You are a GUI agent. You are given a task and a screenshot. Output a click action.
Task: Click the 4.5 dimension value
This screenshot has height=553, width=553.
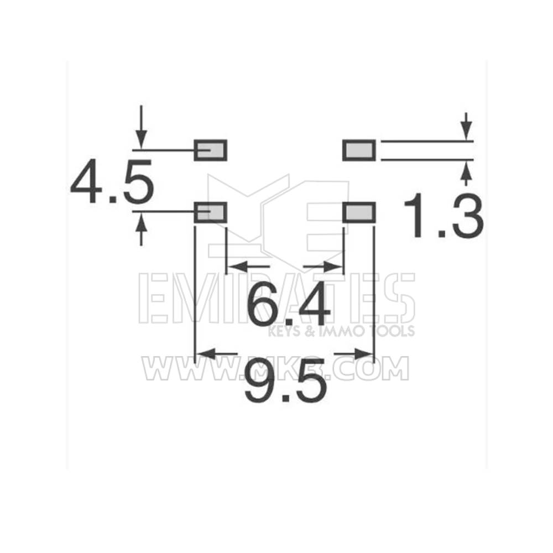pos(112,181)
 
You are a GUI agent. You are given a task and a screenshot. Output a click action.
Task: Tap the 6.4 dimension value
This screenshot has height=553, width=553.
pos(288,306)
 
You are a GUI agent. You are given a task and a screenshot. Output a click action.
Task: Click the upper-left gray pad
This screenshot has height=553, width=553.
pos(211,150)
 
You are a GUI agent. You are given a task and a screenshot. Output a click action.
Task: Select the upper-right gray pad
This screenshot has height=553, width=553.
pos(359,150)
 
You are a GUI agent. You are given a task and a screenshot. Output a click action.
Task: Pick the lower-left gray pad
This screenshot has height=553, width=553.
pos(211,212)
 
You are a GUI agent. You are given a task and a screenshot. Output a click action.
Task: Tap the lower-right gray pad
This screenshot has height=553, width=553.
pos(359,212)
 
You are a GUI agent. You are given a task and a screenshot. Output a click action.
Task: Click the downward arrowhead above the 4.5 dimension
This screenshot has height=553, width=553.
pos(142,140)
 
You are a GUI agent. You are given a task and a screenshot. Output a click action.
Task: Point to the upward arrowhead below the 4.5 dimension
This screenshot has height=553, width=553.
pos(142,221)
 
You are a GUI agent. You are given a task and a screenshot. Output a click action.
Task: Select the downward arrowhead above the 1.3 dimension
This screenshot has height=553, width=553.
pos(467,133)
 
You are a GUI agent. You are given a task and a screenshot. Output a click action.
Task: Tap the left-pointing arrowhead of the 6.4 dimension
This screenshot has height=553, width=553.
pos(235,267)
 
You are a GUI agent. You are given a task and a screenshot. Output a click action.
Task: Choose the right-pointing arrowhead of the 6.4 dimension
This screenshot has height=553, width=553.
pos(335,267)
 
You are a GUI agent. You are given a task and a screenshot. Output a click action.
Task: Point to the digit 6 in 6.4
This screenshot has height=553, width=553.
pos(264,306)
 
